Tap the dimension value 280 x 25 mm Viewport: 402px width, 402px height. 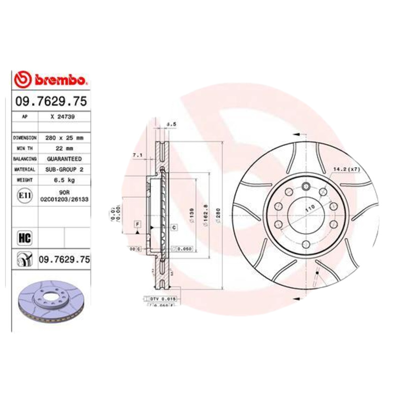(x=63, y=137)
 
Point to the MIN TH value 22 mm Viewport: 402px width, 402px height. (x=63, y=148)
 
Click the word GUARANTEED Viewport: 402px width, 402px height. (x=63, y=159)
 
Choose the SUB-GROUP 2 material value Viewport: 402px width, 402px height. (x=63, y=169)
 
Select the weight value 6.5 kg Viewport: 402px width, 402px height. (x=63, y=180)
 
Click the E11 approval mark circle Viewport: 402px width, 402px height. (x=23, y=194)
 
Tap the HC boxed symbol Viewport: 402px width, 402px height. (x=23, y=236)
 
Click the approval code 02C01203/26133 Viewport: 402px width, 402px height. (x=64, y=199)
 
